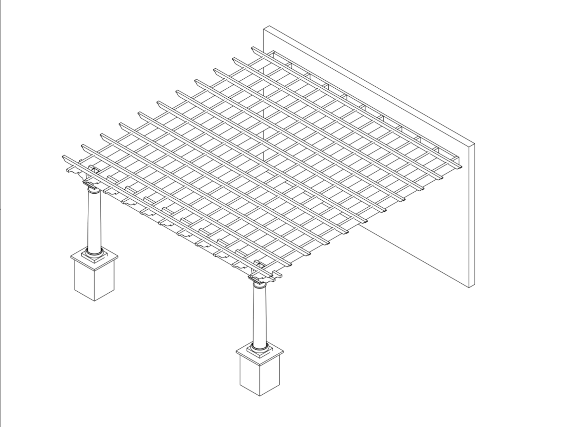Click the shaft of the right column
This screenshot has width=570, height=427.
pos(259,316)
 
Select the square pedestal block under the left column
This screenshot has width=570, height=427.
pos(95,280)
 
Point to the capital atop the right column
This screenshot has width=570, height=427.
pos(259,281)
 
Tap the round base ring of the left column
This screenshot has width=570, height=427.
pos(94,252)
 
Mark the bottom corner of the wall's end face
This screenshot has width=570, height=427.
pos(469,288)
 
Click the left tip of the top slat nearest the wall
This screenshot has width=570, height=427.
pos(253,48)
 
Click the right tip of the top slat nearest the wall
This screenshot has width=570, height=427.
pos(460,167)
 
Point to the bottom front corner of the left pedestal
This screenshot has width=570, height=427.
pos(95,301)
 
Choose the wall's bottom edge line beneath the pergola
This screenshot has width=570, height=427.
pos(413,256)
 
